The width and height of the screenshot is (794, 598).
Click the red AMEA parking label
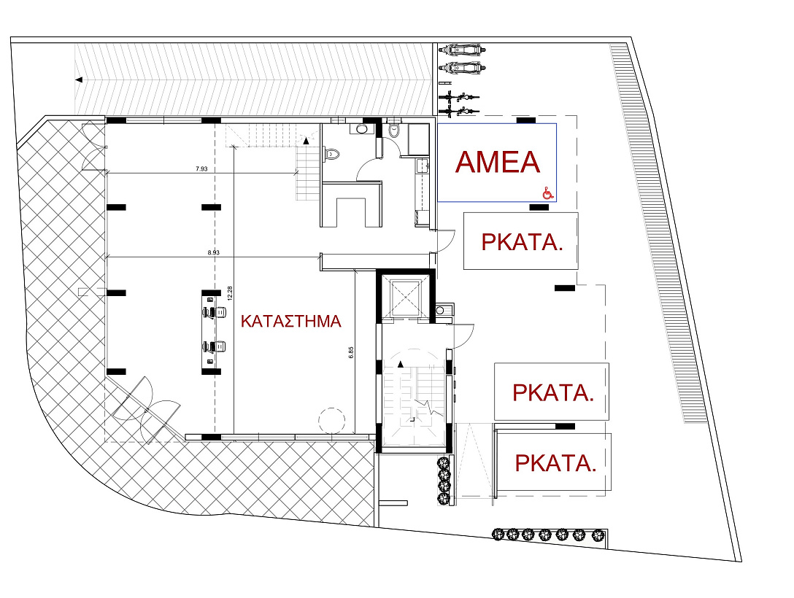[x=498, y=162]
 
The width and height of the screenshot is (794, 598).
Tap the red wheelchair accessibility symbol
[x=548, y=193]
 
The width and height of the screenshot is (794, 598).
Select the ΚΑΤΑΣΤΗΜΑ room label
[x=291, y=322]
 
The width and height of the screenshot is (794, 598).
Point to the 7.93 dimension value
[x=201, y=169]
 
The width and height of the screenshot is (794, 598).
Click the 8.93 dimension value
[x=214, y=252]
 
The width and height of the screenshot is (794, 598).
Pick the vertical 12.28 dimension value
[x=230, y=294]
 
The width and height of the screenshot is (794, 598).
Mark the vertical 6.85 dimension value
[x=352, y=353]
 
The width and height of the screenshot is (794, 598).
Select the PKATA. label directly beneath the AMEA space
[x=522, y=242]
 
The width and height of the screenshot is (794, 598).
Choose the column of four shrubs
[x=444, y=481]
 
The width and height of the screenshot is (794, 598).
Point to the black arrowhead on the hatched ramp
[x=79, y=79]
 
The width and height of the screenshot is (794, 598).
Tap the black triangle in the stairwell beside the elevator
[x=401, y=364]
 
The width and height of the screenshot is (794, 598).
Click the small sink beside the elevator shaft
[x=440, y=311]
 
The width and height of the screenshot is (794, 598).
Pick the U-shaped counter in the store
[x=351, y=204]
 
